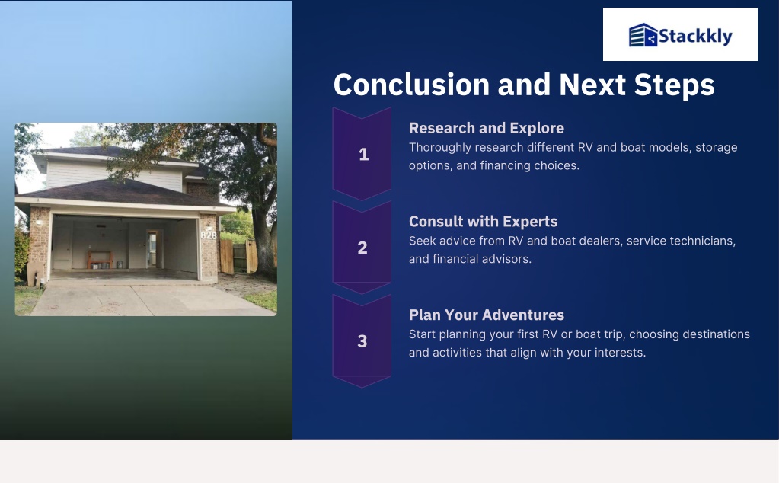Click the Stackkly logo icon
point(643,35)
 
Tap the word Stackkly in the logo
point(695,37)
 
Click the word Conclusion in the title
point(411,85)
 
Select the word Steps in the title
point(674,85)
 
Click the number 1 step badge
point(362,154)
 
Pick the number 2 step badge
point(362,248)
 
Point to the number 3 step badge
point(362,341)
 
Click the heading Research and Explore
point(487,128)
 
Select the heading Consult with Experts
point(483,222)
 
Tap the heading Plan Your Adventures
point(487,315)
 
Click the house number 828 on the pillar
point(209,235)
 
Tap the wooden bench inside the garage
point(100,259)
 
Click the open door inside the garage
point(152,248)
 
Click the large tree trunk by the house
point(262,238)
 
